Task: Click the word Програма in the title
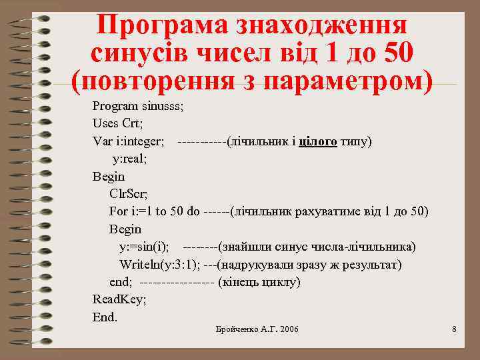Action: [157, 25]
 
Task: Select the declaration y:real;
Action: [129, 159]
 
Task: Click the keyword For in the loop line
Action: [119, 212]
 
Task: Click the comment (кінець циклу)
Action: [259, 283]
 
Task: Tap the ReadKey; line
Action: [119, 299]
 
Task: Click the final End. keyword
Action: [105, 317]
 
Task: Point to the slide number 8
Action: [453, 329]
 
